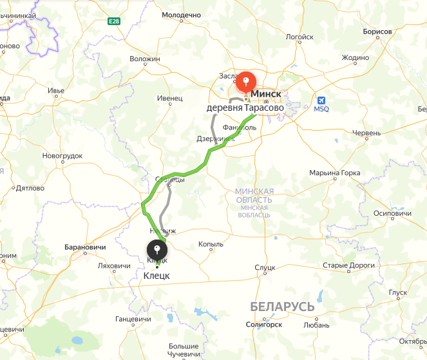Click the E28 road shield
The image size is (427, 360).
(x=114, y=21)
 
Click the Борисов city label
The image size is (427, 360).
(x=377, y=32)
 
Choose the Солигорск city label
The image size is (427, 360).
(x=264, y=325)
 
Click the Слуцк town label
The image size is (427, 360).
(x=265, y=267)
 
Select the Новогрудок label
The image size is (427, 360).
(x=62, y=156)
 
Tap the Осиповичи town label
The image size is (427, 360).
(x=392, y=213)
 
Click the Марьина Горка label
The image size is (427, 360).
(x=334, y=173)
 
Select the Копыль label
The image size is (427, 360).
(x=211, y=244)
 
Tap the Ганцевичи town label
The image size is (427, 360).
(x=133, y=319)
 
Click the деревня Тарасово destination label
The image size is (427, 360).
(x=245, y=108)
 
